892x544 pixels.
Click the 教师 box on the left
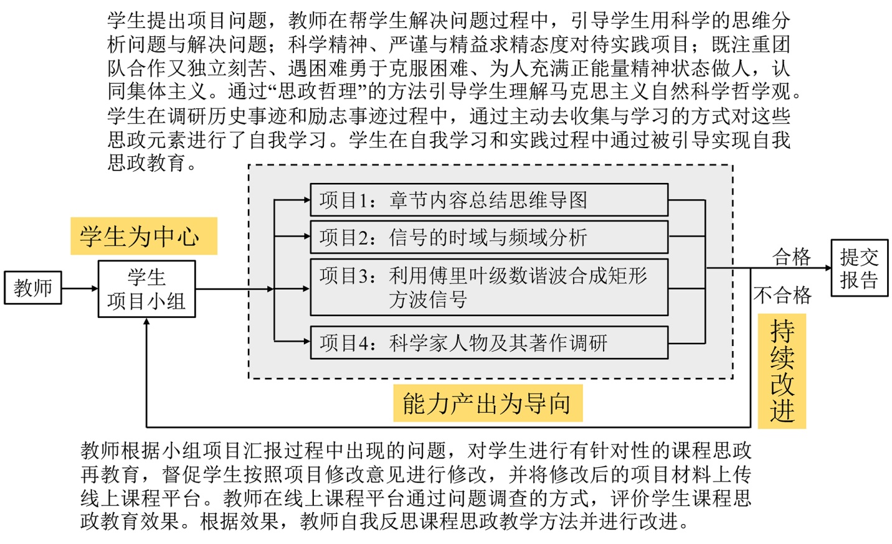pyautogui.click(x=33, y=288)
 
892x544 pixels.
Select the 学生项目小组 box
pyautogui.click(x=146, y=289)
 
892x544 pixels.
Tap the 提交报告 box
pyautogui.click(x=859, y=268)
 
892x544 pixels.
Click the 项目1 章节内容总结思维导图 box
pyautogui.click(x=489, y=200)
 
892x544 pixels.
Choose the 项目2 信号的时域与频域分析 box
pyautogui.click(x=489, y=237)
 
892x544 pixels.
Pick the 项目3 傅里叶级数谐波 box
pyautogui.click(x=489, y=288)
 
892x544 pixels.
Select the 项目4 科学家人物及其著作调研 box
pyautogui.click(x=489, y=343)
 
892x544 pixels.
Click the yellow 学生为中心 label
pyautogui.click(x=143, y=237)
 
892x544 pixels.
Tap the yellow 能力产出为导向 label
pyautogui.click(x=487, y=403)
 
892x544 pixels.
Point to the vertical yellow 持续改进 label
pyautogui.click(x=782, y=371)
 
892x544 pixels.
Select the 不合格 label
pyautogui.click(x=782, y=295)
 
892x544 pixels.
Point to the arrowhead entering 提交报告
pyautogui.click(x=828, y=268)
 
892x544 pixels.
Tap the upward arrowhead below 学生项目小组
pyautogui.click(x=146, y=322)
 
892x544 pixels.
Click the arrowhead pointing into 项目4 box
pyautogui.click(x=306, y=341)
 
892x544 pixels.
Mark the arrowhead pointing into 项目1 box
pyautogui.click(x=306, y=200)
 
